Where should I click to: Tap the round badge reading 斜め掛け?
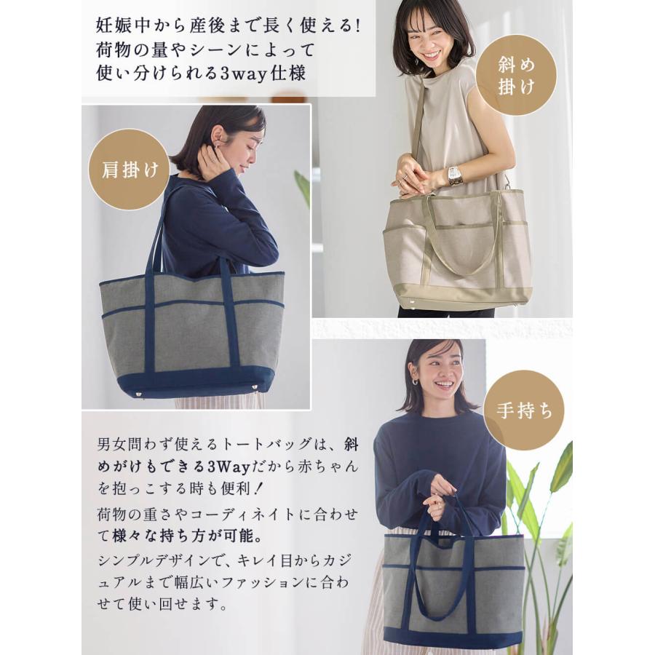click(517, 76)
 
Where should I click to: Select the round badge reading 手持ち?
click(524, 410)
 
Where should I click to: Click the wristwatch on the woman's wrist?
click(455, 175)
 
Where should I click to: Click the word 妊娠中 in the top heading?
click(119, 23)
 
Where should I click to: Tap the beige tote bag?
click(456, 247)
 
